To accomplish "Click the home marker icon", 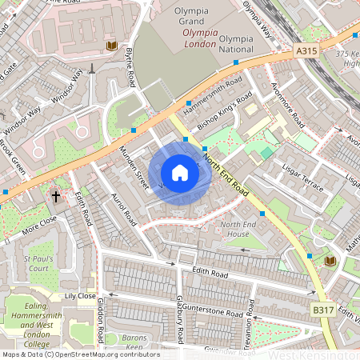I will [x=180, y=173].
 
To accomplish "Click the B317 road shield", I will [x=322, y=308].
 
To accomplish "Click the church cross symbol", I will [x=57, y=195].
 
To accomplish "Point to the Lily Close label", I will [x=80, y=295].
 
